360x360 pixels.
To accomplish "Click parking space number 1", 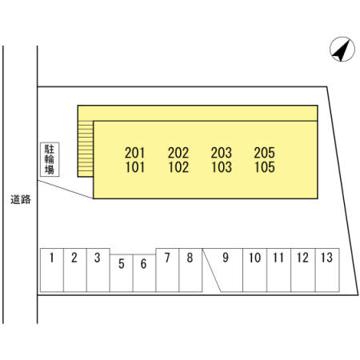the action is [x=52, y=270].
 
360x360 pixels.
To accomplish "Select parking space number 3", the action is [x=98, y=270].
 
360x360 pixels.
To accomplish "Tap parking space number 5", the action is [x=122, y=273].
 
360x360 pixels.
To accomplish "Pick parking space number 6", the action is [x=144, y=273].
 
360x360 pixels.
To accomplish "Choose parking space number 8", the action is [x=190, y=270].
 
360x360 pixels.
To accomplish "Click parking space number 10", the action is [x=254, y=270].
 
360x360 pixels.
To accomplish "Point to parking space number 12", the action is [x=303, y=270].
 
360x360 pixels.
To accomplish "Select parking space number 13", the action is [x=327, y=270].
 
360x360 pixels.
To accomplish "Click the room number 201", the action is [x=135, y=153].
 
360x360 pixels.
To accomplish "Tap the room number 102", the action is [x=178, y=167].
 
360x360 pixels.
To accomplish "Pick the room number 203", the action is [x=222, y=153].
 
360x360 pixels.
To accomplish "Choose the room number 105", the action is [x=265, y=167].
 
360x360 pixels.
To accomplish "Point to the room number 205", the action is [x=265, y=153].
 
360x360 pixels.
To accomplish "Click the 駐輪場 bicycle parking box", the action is [x=50, y=159].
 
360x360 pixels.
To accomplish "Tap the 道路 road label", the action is [x=21, y=199].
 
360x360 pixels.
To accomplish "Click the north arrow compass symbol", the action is [x=342, y=50].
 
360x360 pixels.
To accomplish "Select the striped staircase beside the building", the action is [x=86, y=149].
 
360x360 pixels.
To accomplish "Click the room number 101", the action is [x=135, y=167].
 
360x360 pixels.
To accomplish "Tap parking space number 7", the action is [x=167, y=270].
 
